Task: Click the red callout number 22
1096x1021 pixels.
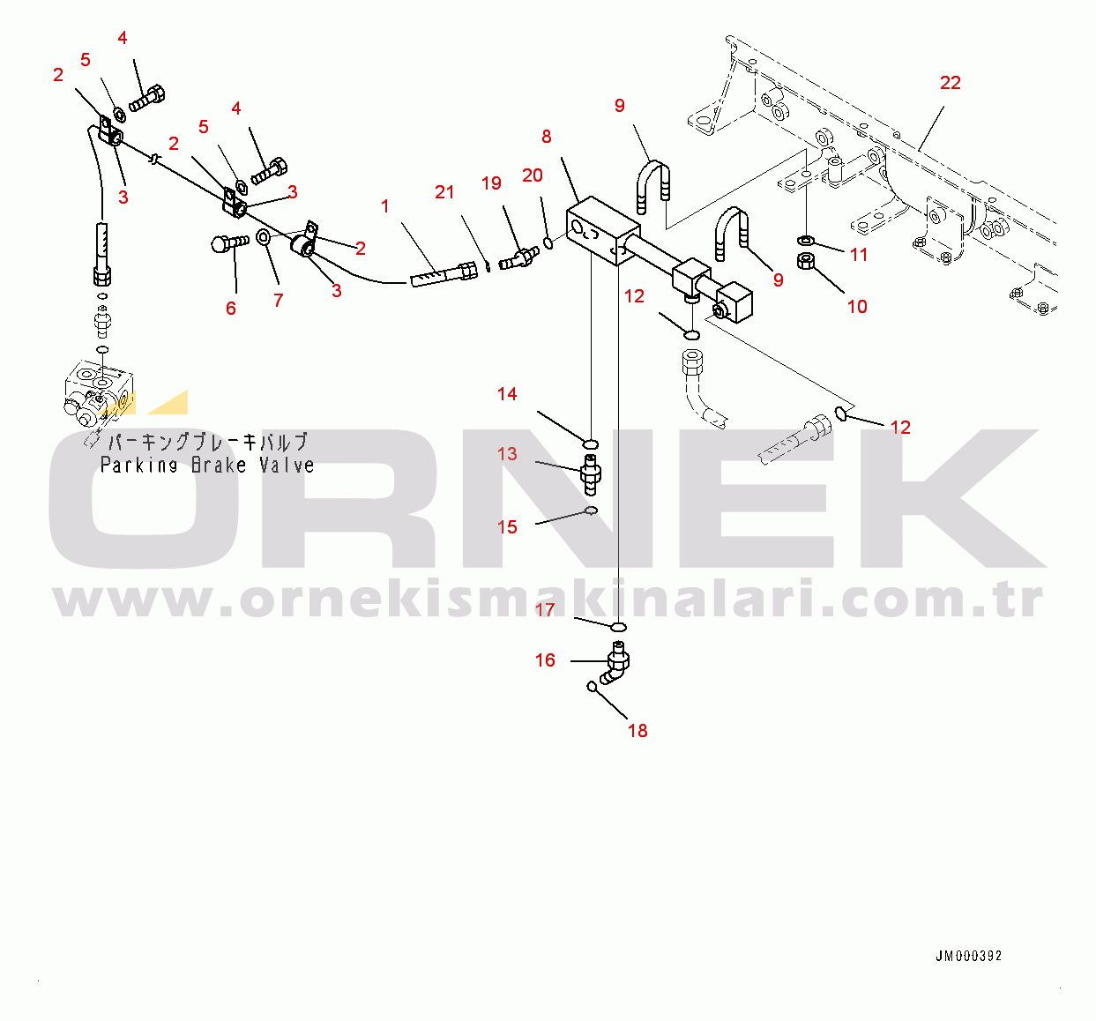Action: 951,83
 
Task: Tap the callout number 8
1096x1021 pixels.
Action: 547,137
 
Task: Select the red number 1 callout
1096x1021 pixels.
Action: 384,206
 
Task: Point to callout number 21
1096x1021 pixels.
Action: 444,192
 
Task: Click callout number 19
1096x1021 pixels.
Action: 491,183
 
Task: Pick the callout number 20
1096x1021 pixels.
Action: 533,175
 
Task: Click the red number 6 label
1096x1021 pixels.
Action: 231,309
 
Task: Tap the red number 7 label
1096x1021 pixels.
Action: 278,301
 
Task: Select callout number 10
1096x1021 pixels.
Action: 857,306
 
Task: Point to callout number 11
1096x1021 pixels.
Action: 859,255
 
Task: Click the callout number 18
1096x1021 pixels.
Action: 637,731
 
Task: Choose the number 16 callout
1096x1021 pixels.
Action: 545,660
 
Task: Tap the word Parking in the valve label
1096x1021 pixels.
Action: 138,466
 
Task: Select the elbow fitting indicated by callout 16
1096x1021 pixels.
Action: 615,663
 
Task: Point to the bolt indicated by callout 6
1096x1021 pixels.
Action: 230,242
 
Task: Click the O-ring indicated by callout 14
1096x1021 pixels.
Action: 591,444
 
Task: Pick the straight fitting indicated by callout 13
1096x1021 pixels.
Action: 591,473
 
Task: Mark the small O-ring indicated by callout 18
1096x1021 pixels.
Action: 592,686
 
